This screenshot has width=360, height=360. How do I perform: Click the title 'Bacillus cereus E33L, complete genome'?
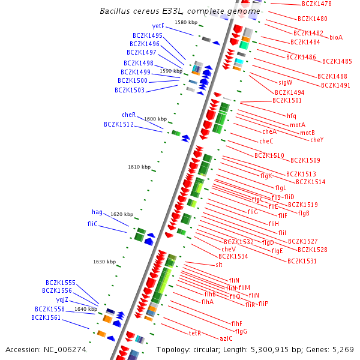(x=180, y=11)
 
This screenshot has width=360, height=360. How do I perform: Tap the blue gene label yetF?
(x=158, y=26)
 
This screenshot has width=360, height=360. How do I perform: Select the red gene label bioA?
(x=336, y=37)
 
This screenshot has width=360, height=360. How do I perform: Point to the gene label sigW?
(x=285, y=82)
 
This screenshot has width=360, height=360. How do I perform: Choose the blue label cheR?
(x=129, y=115)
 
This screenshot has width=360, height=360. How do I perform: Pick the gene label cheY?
(x=317, y=140)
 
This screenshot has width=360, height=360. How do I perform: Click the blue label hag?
(x=97, y=212)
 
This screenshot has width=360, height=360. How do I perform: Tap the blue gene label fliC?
(x=92, y=224)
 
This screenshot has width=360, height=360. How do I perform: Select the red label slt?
(x=219, y=265)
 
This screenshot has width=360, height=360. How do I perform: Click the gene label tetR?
(x=195, y=333)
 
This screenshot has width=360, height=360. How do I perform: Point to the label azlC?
(x=226, y=338)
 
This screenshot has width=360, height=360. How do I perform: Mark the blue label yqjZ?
(x=62, y=299)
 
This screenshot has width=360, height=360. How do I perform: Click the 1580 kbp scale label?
(x=186, y=22)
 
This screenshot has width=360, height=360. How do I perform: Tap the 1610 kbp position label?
(x=139, y=167)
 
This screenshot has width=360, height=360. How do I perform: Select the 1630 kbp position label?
(x=104, y=262)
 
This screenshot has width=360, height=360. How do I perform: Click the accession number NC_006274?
(x=46, y=349)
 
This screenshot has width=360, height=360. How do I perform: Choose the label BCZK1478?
(x=317, y=4)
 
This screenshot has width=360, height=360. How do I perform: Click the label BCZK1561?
(x=46, y=318)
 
